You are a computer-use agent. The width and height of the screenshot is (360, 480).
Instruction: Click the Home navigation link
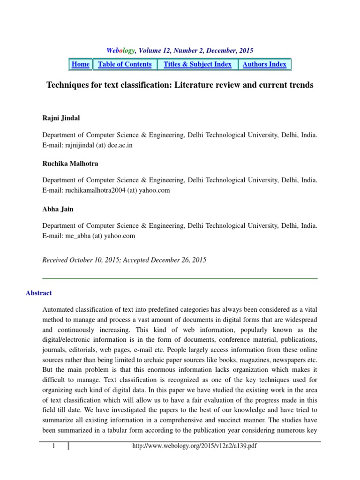[x=81, y=64]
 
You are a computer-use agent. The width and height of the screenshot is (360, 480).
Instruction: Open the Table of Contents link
[x=125, y=64]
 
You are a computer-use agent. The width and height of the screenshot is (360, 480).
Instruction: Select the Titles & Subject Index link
[x=197, y=64]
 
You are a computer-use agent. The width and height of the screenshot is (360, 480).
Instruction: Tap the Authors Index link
[x=264, y=64]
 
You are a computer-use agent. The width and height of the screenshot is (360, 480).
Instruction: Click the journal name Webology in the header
[x=120, y=50]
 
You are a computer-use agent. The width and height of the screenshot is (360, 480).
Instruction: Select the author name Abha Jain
[x=58, y=209]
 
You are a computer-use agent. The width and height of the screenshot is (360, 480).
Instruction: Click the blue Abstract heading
[x=39, y=293]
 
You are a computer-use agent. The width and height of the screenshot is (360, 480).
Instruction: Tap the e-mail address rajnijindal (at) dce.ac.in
[x=99, y=145]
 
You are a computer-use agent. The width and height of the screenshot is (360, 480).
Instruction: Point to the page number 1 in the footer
[x=54, y=446]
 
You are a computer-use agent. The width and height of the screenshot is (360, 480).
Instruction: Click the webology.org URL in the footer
[x=195, y=446]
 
